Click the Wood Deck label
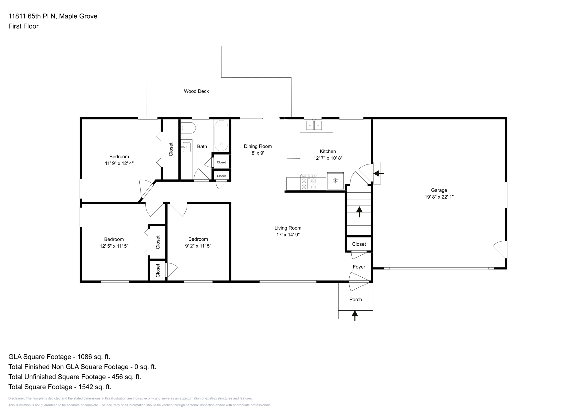coord(196,91)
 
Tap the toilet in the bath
coord(188,128)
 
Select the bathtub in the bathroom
coord(221,136)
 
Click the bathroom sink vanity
coord(186,147)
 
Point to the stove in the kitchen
coord(309,183)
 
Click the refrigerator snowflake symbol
coord(335,181)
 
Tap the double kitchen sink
coord(314,125)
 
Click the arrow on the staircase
coord(359,212)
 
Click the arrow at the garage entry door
coord(379,173)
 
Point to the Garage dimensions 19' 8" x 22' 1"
coord(439,197)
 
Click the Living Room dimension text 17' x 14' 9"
coord(288,235)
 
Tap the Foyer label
coord(359,267)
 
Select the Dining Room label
coord(258,146)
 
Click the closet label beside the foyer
coord(359,244)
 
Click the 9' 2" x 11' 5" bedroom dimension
coord(198,246)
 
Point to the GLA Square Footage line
coord(59,357)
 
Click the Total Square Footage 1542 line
coord(60,387)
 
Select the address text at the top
coord(53,16)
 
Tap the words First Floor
coord(23,26)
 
